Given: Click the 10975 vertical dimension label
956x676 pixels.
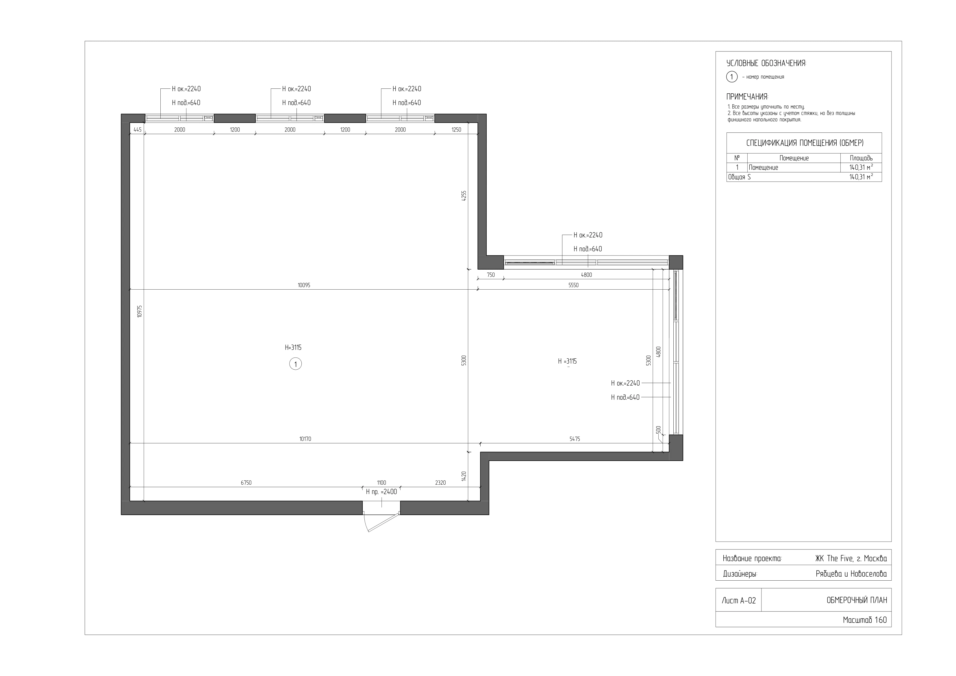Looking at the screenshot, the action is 140,312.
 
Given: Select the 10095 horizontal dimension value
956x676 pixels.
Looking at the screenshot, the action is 304,285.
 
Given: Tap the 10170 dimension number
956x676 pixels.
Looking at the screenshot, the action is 305,439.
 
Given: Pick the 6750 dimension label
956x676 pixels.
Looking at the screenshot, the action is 246,483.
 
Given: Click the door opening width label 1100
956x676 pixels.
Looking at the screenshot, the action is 381,483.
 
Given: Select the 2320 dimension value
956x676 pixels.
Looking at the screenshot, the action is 440,483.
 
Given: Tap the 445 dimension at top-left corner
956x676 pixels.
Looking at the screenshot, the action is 137,129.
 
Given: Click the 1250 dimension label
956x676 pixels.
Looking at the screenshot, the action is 456,129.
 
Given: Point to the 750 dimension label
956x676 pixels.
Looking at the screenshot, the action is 491,275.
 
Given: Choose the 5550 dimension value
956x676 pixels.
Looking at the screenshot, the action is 573,285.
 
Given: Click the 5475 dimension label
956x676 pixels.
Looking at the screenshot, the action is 575,439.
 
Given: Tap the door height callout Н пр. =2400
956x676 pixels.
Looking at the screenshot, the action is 381,492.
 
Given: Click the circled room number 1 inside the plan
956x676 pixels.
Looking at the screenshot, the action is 295,364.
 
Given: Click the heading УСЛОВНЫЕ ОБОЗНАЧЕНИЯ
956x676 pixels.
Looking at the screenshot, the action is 766,63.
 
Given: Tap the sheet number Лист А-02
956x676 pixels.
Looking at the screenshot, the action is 739,601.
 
